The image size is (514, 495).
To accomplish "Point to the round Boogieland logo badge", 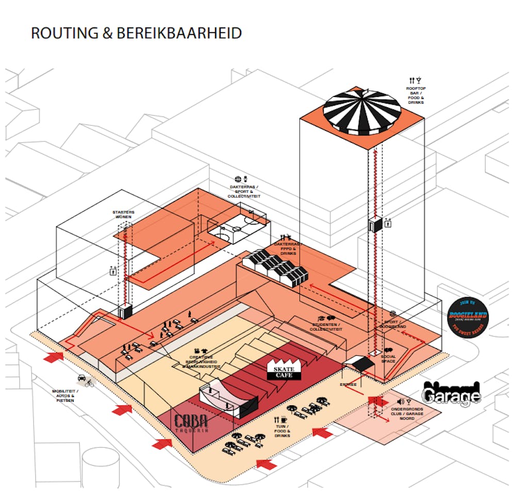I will tap(468, 316).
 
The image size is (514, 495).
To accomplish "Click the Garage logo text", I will tap(452, 394).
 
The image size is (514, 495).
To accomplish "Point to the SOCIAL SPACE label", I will tap(389, 359).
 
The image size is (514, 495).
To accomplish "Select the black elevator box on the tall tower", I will tap(375, 225).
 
